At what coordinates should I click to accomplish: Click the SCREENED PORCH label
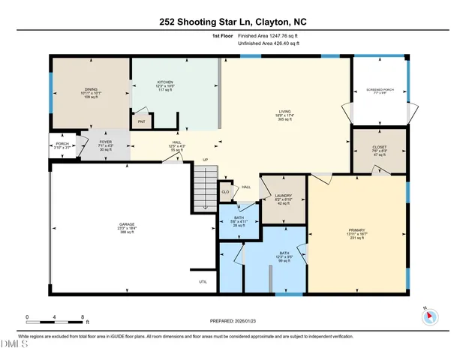380,90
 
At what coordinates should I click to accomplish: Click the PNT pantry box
140,121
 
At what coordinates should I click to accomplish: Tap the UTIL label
202,282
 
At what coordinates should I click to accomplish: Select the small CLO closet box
225,191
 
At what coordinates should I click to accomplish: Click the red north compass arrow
430,316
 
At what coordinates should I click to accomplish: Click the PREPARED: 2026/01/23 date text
233,322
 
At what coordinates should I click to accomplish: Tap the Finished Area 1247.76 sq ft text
271,35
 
